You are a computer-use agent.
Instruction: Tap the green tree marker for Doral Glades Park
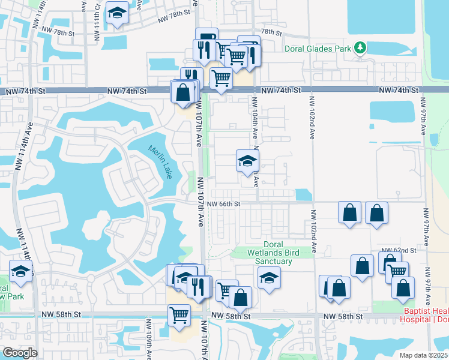[360, 47]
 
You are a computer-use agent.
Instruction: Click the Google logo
[19, 353]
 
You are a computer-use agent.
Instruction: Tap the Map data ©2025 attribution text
[424, 355]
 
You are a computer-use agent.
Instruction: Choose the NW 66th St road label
[224, 204]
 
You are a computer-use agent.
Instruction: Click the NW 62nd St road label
[399, 250]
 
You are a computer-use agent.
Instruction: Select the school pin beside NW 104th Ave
[247, 161]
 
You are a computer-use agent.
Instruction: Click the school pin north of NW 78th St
[117, 12]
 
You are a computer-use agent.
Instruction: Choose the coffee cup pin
[206, 37]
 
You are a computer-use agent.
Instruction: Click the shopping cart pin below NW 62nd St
[397, 271]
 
